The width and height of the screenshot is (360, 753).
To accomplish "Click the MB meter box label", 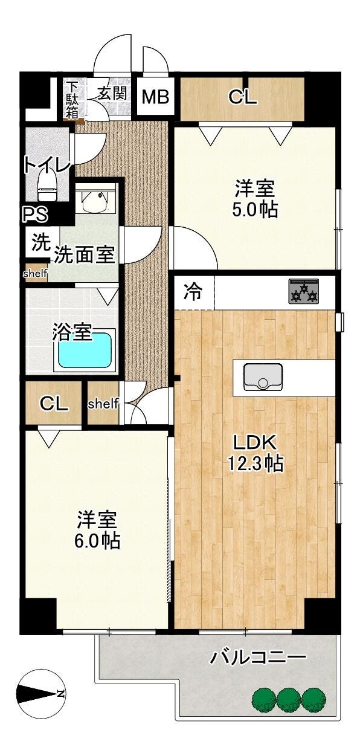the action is coord(155,97).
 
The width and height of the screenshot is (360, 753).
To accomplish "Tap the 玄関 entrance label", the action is coord(112,93).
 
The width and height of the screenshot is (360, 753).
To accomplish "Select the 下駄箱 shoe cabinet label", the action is coord(72,101).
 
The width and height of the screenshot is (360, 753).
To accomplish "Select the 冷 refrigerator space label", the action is coord(193,292).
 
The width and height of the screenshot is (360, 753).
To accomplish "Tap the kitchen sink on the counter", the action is coord(263,377).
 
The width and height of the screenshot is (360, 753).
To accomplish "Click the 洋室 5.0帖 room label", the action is coord(255,199).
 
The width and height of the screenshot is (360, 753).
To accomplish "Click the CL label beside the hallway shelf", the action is coord(54,404).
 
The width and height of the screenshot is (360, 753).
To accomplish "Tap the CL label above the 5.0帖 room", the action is coord(243,97).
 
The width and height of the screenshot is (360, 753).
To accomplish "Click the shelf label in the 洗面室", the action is coord(35,273).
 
